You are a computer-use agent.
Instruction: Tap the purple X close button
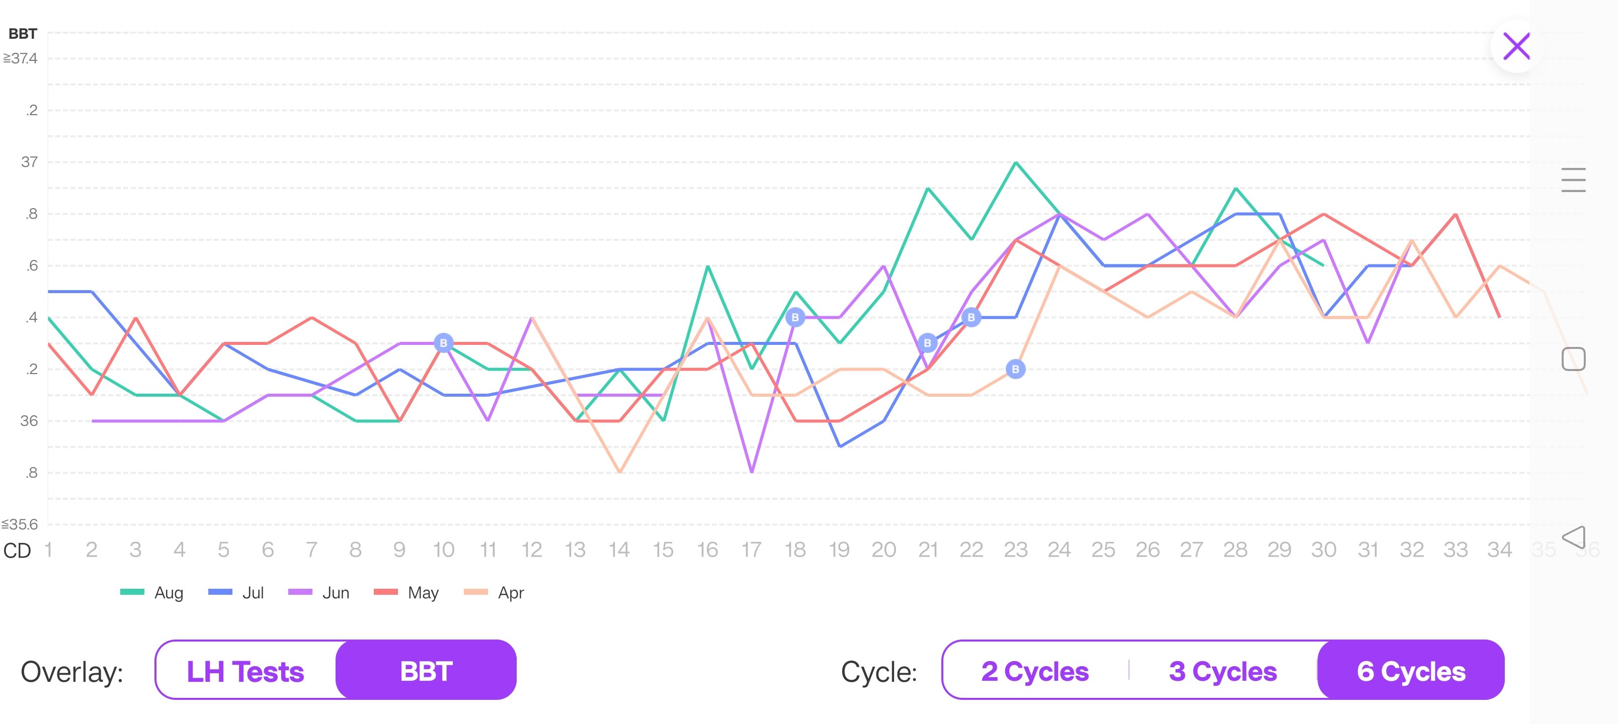pyautogui.click(x=1516, y=46)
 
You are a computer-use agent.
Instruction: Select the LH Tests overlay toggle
pyautogui.click(x=246, y=671)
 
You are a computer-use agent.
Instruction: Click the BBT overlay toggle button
pyautogui.click(x=426, y=671)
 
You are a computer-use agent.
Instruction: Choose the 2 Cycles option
pyautogui.click(x=1034, y=671)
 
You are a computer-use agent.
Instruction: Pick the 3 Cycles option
pyautogui.click(x=1222, y=671)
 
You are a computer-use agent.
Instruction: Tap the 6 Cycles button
pyautogui.click(x=1411, y=671)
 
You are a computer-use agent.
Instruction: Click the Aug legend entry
pyautogui.click(x=152, y=593)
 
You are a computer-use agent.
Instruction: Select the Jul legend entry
pyautogui.click(x=237, y=593)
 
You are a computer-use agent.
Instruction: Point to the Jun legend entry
pyautogui.click(x=319, y=593)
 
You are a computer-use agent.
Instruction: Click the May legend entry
pyautogui.click(x=407, y=593)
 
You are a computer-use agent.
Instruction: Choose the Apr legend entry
pyautogui.click(x=495, y=593)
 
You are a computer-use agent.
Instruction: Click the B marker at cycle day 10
pyautogui.click(x=443, y=343)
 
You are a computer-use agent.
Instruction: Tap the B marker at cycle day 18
pyautogui.click(x=795, y=317)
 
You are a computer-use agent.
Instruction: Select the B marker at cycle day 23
pyautogui.click(x=1016, y=369)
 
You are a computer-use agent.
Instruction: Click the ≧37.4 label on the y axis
pyautogui.click(x=21, y=58)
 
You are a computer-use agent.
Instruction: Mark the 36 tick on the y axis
pyautogui.click(x=29, y=421)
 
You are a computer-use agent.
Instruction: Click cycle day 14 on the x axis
pyautogui.click(x=619, y=550)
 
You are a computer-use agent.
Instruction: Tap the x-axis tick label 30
pyautogui.click(x=1323, y=550)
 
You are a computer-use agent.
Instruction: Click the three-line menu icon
pyautogui.click(x=1573, y=180)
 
